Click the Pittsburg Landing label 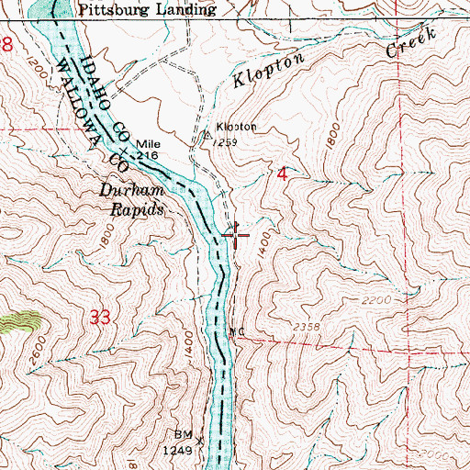point(148,11)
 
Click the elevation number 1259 point(222,142)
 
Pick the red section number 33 point(104,318)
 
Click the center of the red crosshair point(236,236)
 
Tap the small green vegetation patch point(20,320)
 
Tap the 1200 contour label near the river point(39,66)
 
